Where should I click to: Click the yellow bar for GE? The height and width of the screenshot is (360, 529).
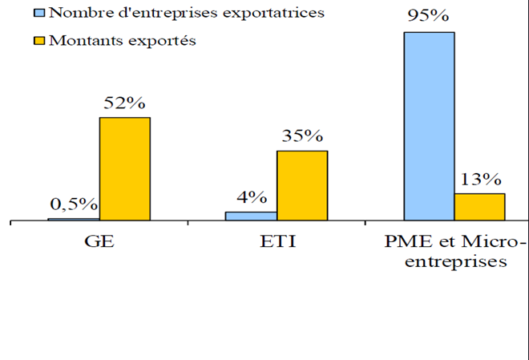tap(124, 168)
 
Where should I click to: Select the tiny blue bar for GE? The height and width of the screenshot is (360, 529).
tap(74, 219)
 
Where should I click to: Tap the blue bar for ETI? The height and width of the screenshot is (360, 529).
tap(251, 216)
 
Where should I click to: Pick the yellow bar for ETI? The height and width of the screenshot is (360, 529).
tap(302, 185)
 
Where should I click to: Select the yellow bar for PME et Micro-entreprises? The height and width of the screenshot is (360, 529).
tap(479, 206)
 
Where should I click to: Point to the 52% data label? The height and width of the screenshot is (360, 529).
tap(124, 103)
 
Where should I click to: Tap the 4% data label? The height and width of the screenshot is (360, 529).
tap(251, 197)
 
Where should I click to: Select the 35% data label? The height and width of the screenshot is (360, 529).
tap(301, 136)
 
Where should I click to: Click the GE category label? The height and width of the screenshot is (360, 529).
tap(99, 241)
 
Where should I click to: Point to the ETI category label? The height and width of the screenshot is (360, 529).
tap(277, 241)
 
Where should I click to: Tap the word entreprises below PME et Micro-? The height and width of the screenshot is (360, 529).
tap(454, 262)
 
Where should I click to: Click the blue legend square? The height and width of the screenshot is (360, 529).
tap(39, 13)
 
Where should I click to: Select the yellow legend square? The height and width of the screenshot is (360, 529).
tap(39, 40)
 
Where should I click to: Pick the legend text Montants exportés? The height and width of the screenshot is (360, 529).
tap(123, 40)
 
